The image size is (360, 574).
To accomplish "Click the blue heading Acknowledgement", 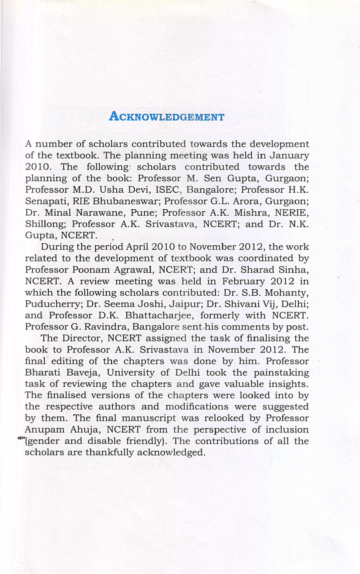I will point(167,117).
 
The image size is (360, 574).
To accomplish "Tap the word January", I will point(289,156).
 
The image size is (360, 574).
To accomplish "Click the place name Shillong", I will point(45,224).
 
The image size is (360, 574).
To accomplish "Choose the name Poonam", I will point(91,270).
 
